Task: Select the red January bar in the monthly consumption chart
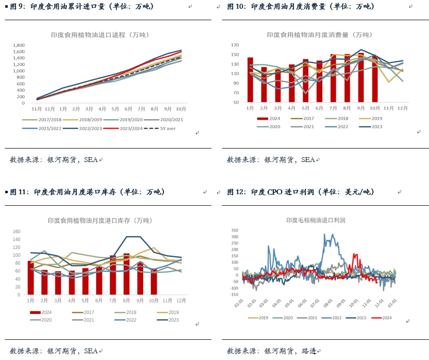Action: [x=250, y=80]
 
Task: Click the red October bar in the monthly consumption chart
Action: [x=375, y=79]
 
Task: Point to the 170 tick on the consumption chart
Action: [x=234, y=45]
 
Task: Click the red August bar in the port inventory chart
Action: [x=126, y=273]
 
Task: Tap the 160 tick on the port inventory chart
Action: [x=16, y=231]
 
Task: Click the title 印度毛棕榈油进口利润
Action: [x=316, y=221]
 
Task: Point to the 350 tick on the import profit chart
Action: [x=234, y=230]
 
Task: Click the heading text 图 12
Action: [x=236, y=192]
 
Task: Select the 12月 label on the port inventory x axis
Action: [x=181, y=300]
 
